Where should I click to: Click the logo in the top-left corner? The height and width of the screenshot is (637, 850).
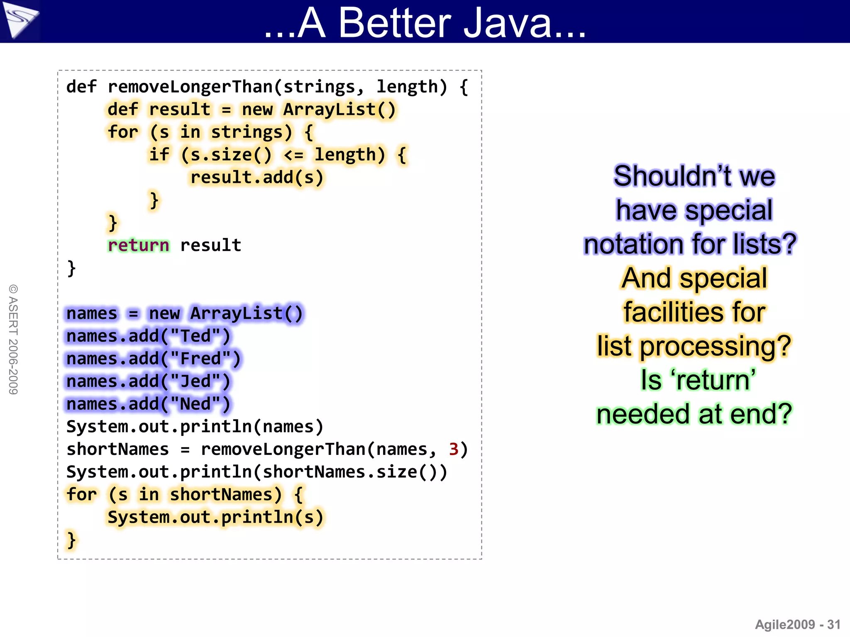[x=20, y=20]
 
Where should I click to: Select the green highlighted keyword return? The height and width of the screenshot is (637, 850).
[x=139, y=246]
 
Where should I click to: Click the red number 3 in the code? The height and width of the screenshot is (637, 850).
[x=453, y=450]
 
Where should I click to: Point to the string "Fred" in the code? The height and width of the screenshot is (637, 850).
[x=201, y=359]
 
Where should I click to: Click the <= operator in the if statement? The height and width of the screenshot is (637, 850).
[x=294, y=155]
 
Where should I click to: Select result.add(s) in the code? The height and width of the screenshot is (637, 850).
[x=256, y=177]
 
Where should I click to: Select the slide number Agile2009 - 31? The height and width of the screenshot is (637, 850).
[x=797, y=625]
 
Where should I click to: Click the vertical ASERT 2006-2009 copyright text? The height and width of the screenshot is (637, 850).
[x=13, y=339]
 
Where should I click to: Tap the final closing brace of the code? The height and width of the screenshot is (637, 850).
[x=71, y=540]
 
